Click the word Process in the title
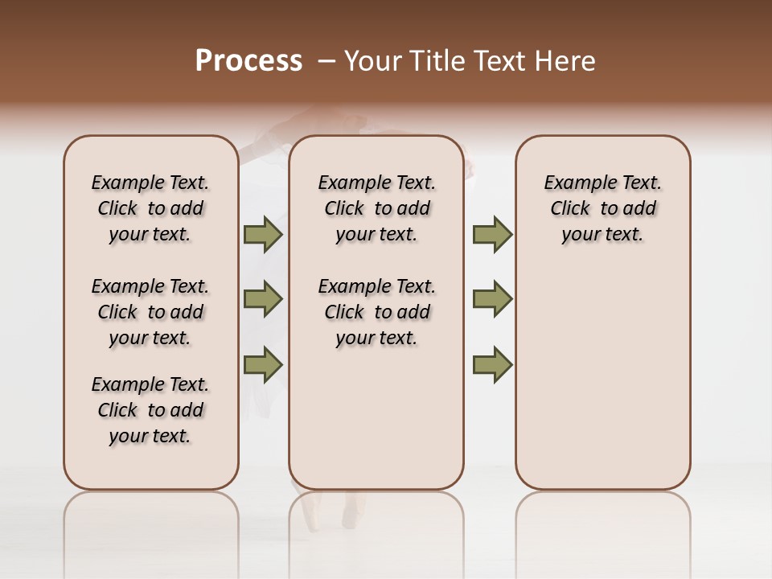pyautogui.click(x=248, y=61)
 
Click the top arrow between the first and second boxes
pyautogui.click(x=263, y=235)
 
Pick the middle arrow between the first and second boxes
pyautogui.click(x=263, y=299)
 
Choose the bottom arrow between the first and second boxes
pyautogui.click(x=263, y=364)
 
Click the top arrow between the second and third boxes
pyautogui.click(x=492, y=235)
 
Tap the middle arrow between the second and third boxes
pyautogui.click(x=492, y=299)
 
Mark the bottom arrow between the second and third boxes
pyautogui.click(x=492, y=364)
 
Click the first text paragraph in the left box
pyautogui.click(x=150, y=208)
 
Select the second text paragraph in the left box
pyautogui.click(x=150, y=312)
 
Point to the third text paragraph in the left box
pyautogui.click(x=150, y=410)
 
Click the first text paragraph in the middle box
pyautogui.click(x=376, y=208)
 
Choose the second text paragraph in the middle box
pyautogui.click(x=376, y=312)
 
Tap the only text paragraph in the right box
pyautogui.click(x=602, y=208)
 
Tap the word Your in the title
pyautogui.click(x=373, y=61)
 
